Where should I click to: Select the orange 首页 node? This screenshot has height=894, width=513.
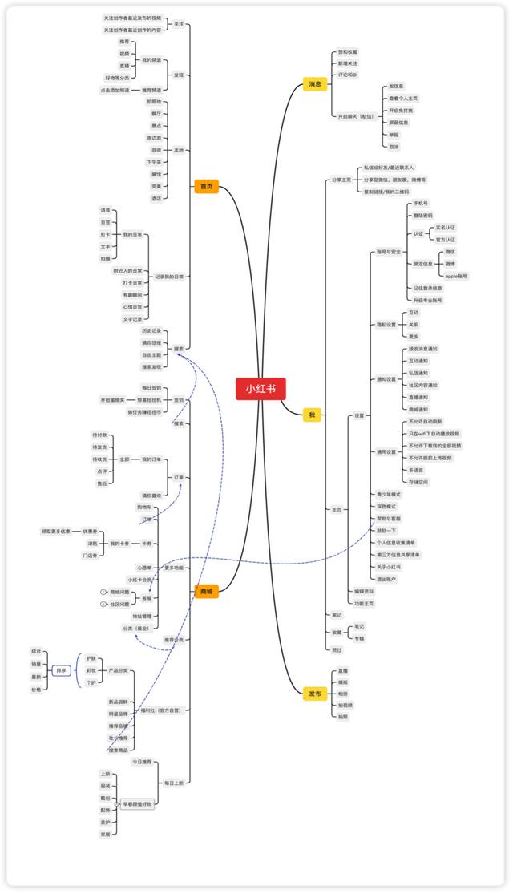coord(206,187)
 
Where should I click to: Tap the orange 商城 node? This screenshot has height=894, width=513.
coord(206,592)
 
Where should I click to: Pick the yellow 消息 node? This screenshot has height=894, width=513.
coord(315,83)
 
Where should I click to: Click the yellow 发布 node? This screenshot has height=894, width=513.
coord(315,694)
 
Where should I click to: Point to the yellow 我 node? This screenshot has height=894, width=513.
coord(312,415)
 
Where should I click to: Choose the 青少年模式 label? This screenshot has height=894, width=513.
coord(389,495)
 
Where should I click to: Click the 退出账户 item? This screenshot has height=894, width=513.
coord(386,578)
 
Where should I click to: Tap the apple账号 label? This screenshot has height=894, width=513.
coord(457,276)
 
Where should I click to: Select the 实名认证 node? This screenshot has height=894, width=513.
coord(446,228)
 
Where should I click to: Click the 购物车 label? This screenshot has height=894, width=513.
coord(146,508)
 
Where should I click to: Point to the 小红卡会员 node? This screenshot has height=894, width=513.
coord(139,580)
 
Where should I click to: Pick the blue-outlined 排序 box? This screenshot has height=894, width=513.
coord(62,669)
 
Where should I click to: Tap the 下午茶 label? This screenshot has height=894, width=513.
coord(154,162)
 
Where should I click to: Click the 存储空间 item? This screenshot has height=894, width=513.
coord(418,482)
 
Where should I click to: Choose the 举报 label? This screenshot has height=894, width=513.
coord(394,135)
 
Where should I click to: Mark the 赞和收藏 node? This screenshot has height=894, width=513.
coord(348,52)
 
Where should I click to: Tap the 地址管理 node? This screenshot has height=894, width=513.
coord(142,616)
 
